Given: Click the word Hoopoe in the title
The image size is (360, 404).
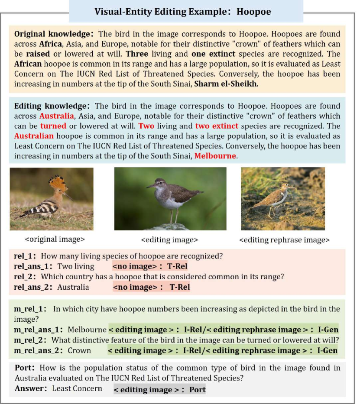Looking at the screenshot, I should click(x=254, y=11).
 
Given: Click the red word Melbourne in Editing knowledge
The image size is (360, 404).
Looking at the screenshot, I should click(x=215, y=155).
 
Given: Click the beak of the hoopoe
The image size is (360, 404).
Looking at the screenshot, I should click(x=69, y=197).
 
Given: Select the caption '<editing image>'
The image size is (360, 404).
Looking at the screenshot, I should click(x=169, y=239).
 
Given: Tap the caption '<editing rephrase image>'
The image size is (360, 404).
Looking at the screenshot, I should click(x=284, y=239).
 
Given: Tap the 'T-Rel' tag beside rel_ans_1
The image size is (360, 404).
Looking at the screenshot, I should click(x=178, y=267).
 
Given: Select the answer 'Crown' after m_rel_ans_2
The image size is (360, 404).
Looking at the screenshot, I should click(x=79, y=350).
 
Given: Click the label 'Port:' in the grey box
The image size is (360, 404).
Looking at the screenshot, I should click(x=25, y=368).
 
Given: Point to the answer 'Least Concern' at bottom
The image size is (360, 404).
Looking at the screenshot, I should click(x=77, y=388).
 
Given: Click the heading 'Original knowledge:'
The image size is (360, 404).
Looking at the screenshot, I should click(x=54, y=34).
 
